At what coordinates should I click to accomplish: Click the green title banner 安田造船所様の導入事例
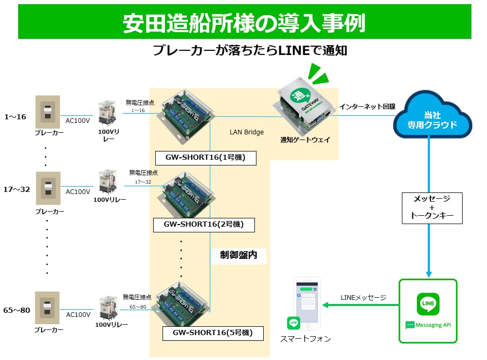244,22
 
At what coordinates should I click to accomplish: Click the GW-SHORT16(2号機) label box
205,225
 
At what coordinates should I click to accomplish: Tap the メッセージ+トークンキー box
432,208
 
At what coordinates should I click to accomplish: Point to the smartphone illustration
307,303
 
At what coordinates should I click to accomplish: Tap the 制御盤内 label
238,255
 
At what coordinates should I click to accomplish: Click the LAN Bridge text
247,132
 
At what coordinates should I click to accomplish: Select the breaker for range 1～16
47,112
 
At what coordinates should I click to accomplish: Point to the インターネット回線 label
368,106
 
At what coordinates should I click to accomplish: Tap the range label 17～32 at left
17,189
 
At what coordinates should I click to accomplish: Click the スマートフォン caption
305,339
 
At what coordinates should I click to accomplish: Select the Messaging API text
432,325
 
